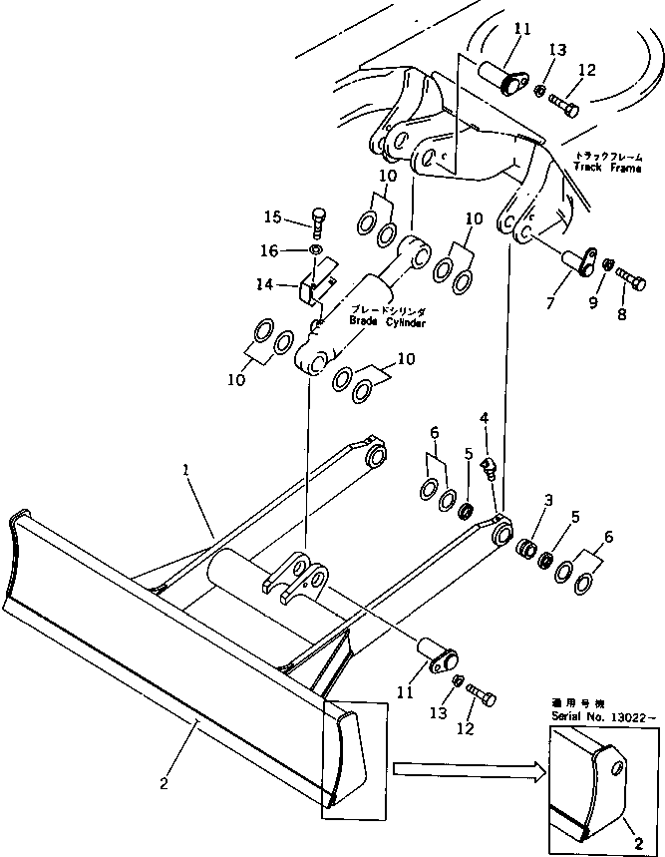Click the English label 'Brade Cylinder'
point(386,322)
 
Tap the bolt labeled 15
point(316,217)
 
